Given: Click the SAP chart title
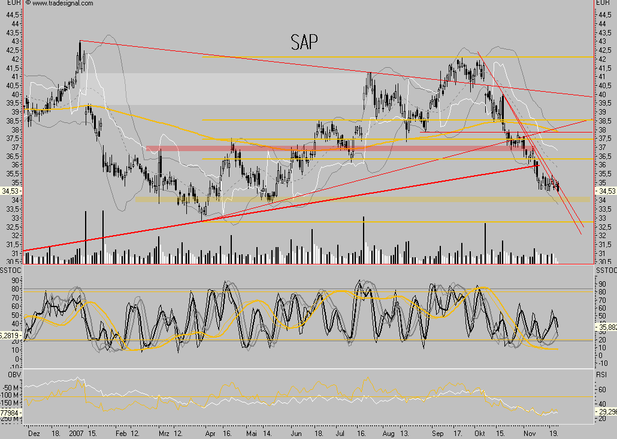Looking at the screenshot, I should [x=304, y=42].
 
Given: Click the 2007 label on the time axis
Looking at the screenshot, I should [x=76, y=431].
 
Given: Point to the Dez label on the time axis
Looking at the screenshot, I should [x=34, y=431].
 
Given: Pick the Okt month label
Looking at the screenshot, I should [x=479, y=431].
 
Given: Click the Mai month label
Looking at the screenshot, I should [x=252, y=431].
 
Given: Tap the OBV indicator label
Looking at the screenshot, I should [x=13, y=374].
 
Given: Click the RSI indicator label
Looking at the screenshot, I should [x=603, y=374].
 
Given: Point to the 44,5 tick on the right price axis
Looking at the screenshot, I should [x=603, y=14].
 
